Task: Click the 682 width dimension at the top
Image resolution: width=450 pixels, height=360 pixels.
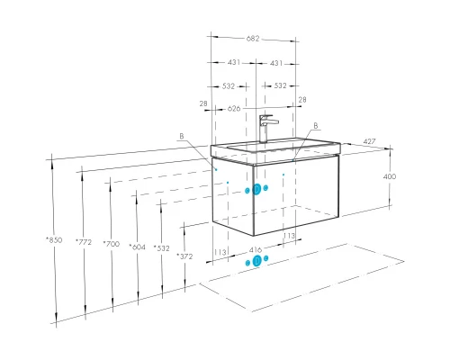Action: click(253, 39)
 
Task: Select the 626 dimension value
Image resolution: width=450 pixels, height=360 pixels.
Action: click(234, 108)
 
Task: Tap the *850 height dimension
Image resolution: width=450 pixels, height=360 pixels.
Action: click(54, 239)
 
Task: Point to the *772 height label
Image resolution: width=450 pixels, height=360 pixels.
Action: click(84, 241)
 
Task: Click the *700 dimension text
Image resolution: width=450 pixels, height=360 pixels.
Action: click(111, 244)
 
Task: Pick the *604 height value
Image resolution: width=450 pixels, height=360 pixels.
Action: click(137, 247)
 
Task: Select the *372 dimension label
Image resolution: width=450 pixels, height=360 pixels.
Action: click(184, 256)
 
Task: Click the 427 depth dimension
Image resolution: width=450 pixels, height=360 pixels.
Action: click(369, 141)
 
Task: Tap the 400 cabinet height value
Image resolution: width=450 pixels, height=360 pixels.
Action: click(390, 176)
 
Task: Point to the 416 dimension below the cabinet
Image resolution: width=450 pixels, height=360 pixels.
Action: click(256, 249)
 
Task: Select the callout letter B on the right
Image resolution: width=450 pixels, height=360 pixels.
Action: click(316, 126)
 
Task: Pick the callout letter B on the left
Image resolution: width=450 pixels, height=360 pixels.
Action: click(182, 136)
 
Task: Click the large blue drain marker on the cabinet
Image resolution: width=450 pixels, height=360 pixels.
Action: click(256, 189)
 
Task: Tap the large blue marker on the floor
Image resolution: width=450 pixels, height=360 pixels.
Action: click(256, 261)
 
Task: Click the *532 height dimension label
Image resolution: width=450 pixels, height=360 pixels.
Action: click(161, 248)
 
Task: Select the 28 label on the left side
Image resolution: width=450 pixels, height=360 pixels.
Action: click(203, 103)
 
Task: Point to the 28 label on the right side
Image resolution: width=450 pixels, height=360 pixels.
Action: click(302, 99)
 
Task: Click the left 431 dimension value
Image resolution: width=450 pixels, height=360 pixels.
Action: click(234, 62)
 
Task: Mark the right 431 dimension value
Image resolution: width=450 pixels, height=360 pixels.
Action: click(276, 63)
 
